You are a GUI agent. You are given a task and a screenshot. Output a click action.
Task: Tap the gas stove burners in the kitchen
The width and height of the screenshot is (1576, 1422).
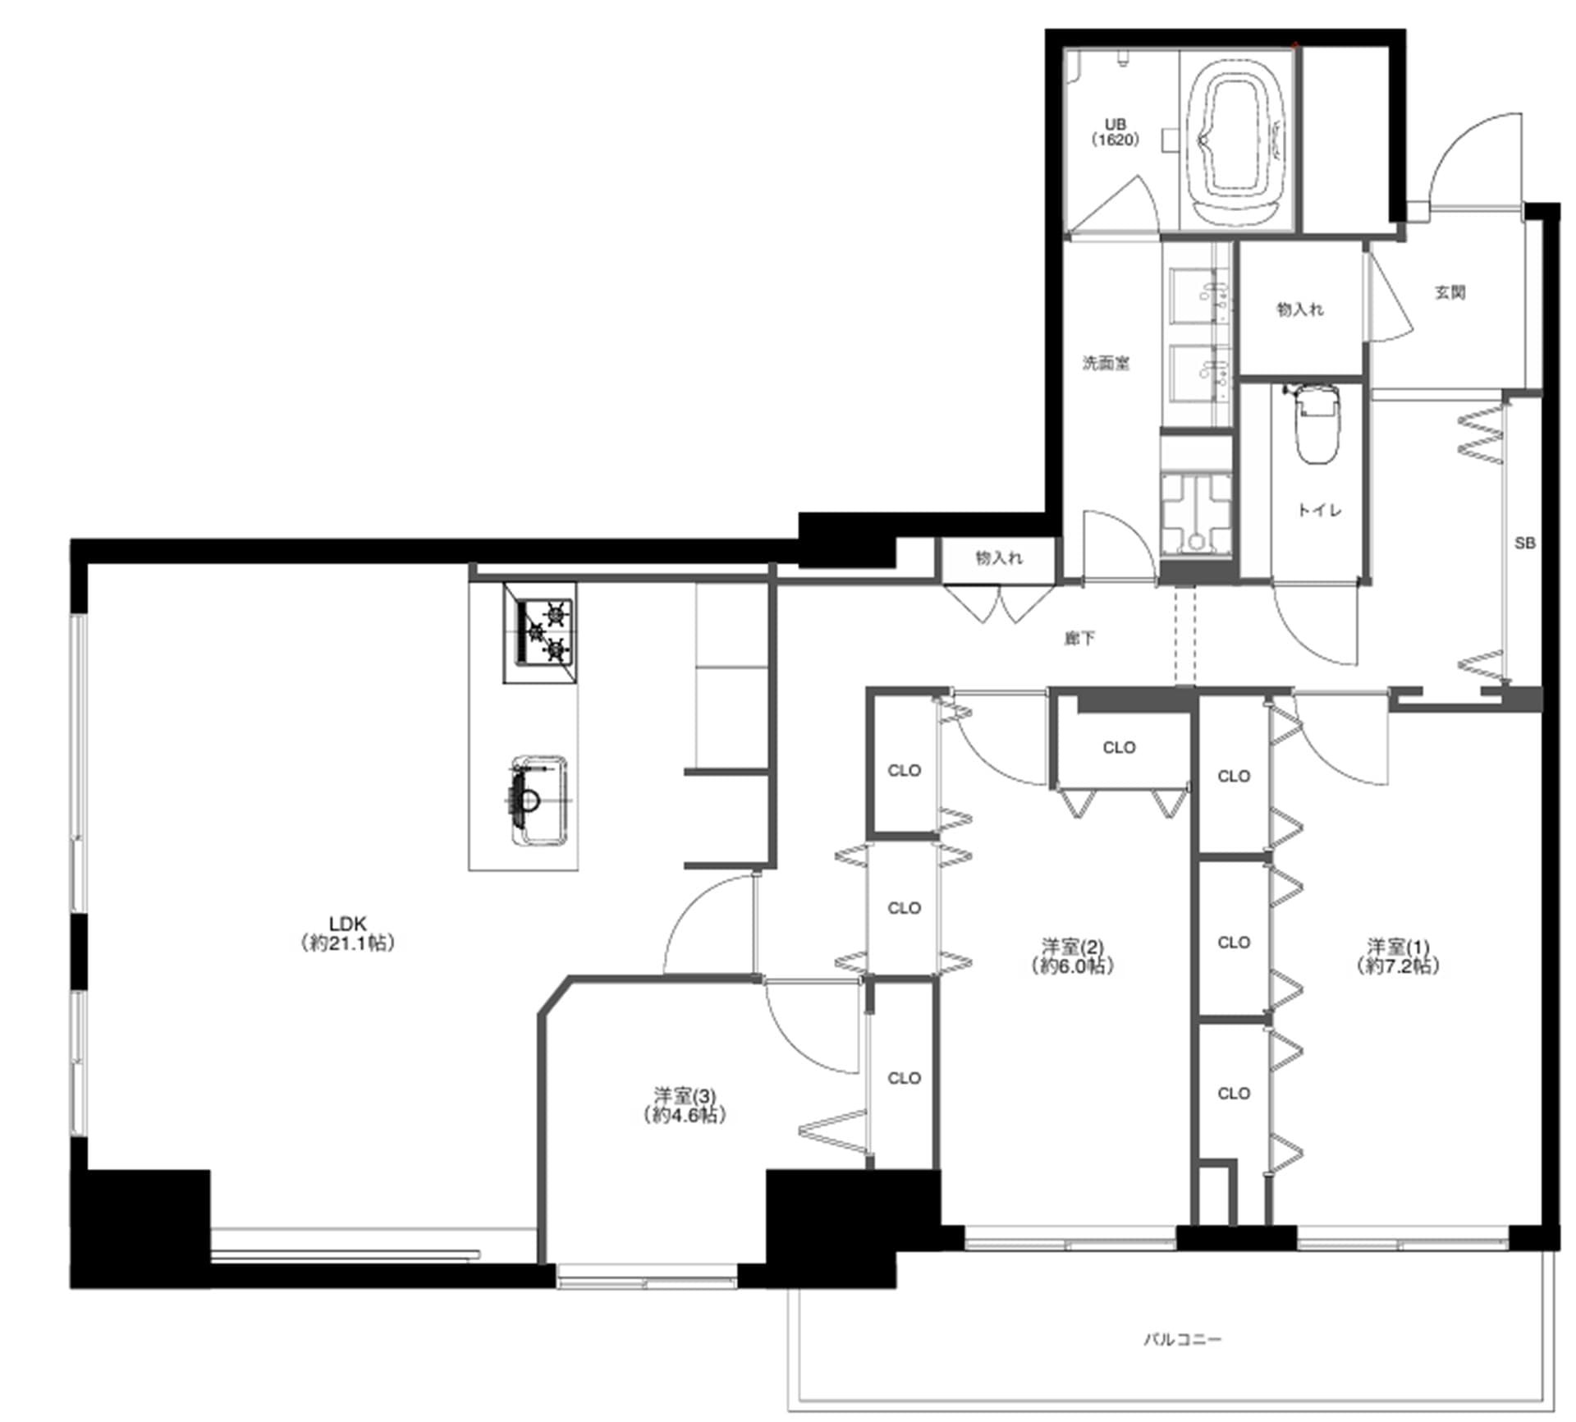click(540, 631)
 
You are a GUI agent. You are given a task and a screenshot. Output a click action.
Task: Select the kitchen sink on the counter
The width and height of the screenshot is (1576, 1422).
click(538, 801)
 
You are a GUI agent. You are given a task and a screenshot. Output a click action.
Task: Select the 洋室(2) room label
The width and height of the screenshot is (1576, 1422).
click(1072, 956)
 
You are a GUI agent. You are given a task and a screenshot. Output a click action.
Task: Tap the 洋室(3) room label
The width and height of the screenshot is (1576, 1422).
click(685, 1105)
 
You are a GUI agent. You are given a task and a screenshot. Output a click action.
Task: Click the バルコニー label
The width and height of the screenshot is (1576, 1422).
click(1183, 1339)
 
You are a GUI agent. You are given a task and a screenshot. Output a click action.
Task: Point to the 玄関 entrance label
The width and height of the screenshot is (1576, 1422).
click(1450, 291)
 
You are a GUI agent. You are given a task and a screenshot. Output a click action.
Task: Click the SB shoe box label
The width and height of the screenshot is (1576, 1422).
click(1524, 543)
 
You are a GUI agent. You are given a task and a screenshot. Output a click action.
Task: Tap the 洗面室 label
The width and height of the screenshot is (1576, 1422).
click(1106, 362)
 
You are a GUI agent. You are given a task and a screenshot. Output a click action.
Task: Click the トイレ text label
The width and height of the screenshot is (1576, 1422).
click(1319, 510)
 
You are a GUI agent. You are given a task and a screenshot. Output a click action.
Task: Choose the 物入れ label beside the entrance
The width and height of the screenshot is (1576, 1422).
click(1300, 309)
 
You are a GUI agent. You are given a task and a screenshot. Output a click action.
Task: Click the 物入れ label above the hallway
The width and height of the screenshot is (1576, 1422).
click(999, 558)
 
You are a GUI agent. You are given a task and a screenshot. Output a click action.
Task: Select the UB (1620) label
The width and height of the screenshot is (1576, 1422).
click(1115, 132)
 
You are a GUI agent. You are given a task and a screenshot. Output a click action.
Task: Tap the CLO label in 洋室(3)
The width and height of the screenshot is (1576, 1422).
click(904, 1078)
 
